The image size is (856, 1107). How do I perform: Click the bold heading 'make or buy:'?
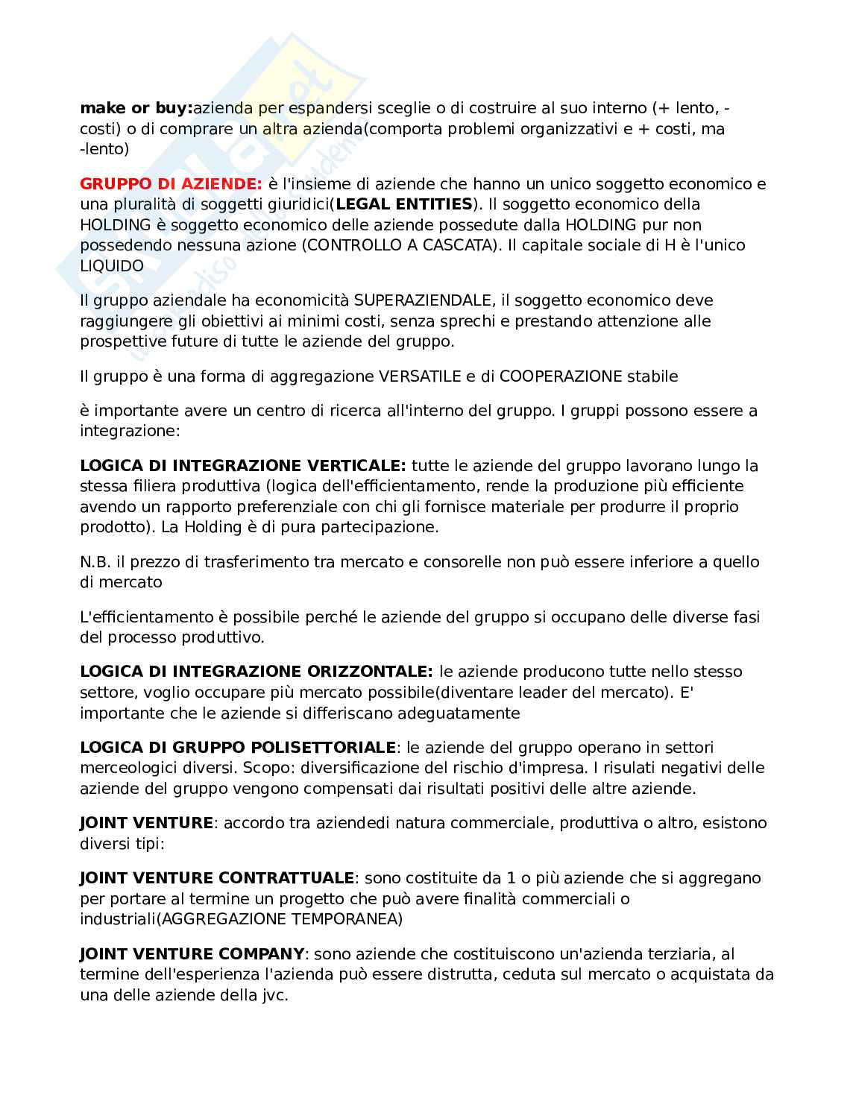(136, 108)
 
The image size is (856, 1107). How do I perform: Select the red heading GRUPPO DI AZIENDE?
(171, 183)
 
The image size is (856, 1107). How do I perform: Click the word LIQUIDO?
(112, 265)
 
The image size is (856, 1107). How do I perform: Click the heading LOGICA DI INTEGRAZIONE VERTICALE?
(242, 466)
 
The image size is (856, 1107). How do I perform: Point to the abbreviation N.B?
(95, 561)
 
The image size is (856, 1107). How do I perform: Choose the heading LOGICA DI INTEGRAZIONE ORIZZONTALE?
(256, 672)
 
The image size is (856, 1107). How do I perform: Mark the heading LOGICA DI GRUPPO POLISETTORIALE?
(237, 747)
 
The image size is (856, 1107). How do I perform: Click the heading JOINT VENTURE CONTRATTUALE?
(217, 878)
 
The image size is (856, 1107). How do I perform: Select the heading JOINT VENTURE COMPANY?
(192, 953)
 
